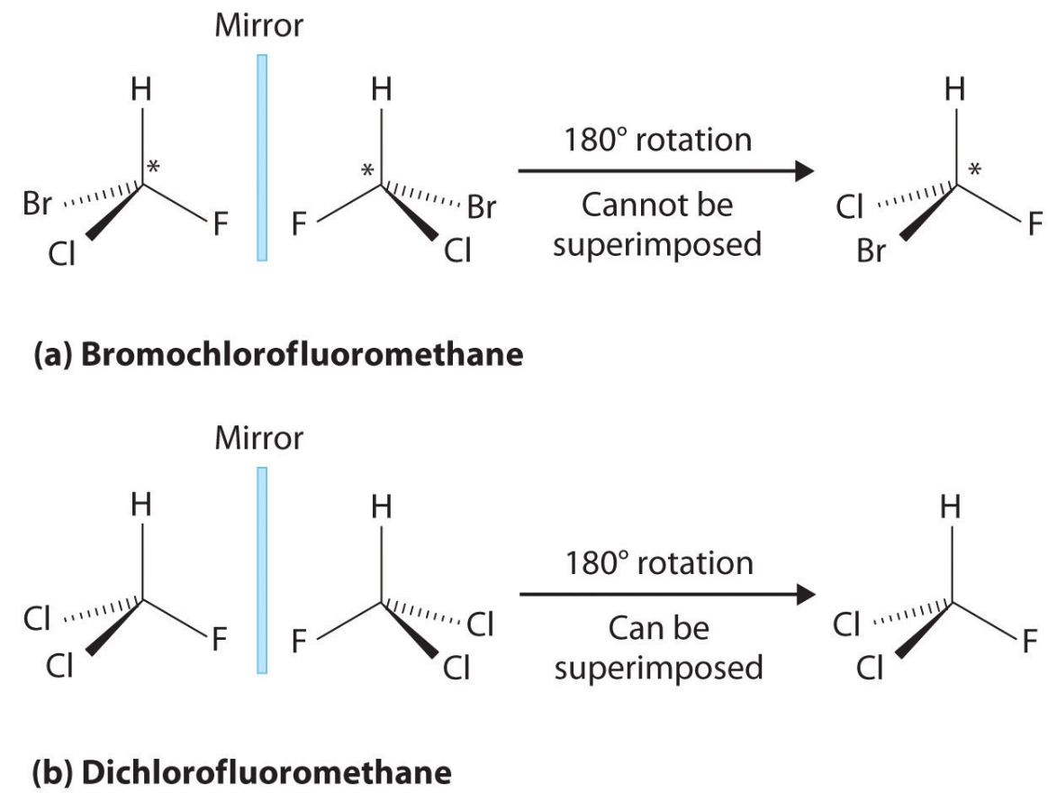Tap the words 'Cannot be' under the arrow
click(x=657, y=205)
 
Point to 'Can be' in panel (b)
click(x=657, y=627)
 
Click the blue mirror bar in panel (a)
click(x=262, y=158)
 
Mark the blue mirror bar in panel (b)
click(x=262, y=570)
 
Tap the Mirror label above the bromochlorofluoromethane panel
click(x=259, y=26)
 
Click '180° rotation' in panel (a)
click(x=657, y=141)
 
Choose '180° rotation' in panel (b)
click(x=657, y=562)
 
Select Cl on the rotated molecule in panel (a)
click(x=848, y=209)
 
